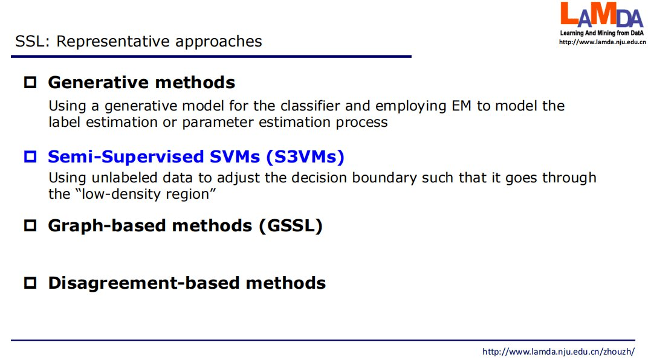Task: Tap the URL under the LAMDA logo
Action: pos(603,42)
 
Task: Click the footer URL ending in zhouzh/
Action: pos(559,352)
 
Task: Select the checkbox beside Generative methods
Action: pos(30,82)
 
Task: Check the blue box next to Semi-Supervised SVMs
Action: pos(30,156)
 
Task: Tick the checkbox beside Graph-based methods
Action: pos(30,226)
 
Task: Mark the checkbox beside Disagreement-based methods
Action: pos(30,283)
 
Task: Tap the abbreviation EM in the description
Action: pos(461,106)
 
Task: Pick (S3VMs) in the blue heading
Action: pos(305,157)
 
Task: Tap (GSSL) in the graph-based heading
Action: pos(291,226)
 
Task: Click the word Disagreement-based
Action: pos(144,283)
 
